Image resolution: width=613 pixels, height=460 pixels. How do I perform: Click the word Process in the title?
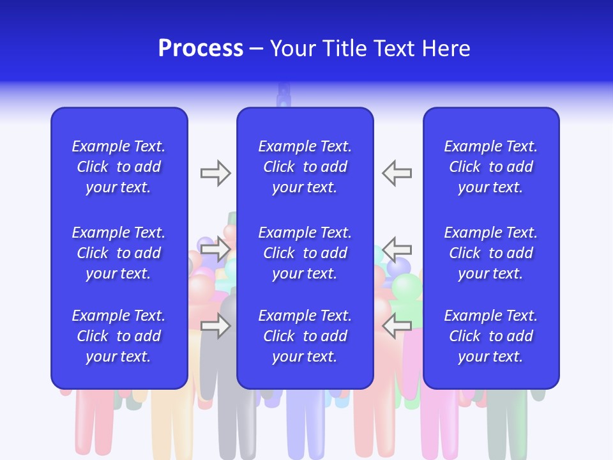click(201, 49)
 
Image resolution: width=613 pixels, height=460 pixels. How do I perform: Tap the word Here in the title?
click(446, 49)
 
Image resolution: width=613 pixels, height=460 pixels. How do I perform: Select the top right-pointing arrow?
click(215, 173)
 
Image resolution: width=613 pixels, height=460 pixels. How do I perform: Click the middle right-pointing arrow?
click(215, 249)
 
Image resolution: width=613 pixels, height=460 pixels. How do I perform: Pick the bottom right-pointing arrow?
click(215, 326)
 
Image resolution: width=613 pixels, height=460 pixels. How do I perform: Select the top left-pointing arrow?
click(397, 173)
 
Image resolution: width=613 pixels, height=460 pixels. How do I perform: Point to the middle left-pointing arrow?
click(397, 249)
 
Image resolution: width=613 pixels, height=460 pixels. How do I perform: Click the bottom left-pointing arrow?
click(397, 326)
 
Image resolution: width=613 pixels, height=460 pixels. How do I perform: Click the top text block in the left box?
click(118, 167)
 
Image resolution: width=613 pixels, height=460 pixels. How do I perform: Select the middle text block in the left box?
click(118, 253)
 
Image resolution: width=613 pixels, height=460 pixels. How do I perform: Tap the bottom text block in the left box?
click(118, 336)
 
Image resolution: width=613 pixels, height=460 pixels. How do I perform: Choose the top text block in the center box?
click(305, 167)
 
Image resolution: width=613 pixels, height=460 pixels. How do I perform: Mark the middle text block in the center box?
click(305, 253)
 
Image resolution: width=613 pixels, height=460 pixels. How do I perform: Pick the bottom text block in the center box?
click(305, 336)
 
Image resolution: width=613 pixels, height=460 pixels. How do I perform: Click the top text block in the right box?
click(490, 167)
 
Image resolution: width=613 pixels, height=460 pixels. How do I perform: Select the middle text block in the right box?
click(490, 253)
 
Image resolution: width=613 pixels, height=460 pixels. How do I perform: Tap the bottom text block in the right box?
click(490, 336)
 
